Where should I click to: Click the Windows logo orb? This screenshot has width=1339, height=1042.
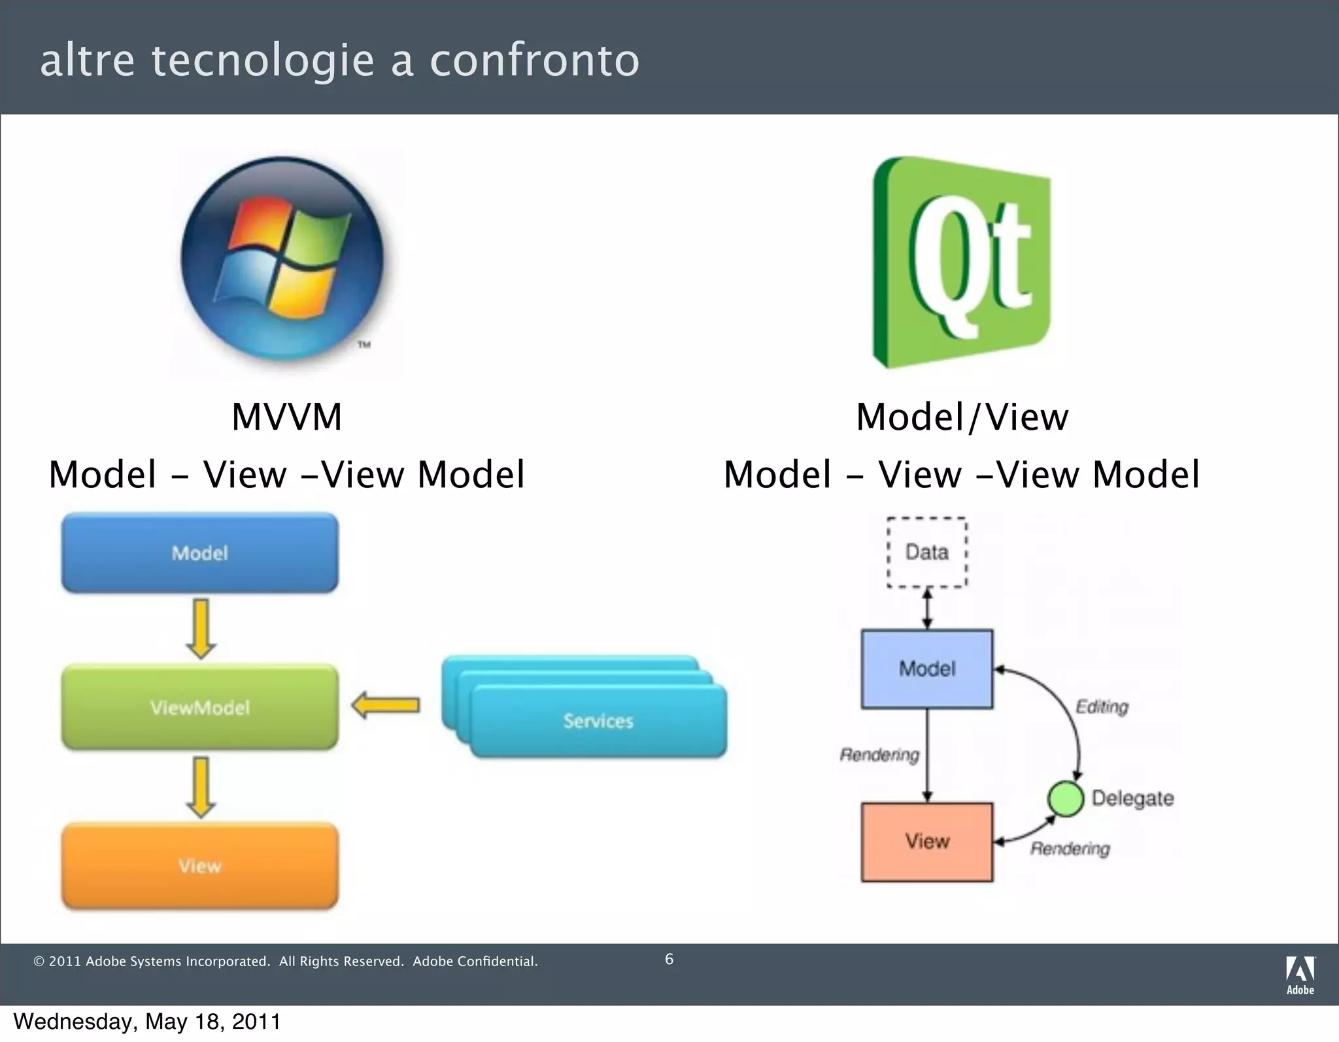[x=282, y=260]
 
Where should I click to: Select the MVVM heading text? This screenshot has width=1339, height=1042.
[x=287, y=417]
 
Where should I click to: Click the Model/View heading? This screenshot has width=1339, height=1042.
[x=962, y=417]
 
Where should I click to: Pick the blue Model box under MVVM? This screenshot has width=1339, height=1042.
[x=200, y=553]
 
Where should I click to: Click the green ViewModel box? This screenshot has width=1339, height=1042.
[x=200, y=707]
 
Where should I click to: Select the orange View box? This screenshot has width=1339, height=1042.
[x=200, y=865]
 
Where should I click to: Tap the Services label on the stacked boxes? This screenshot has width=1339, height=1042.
[x=598, y=721]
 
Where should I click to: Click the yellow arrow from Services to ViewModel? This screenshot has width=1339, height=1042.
[x=386, y=706]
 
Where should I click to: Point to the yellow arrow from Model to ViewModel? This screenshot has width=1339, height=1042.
[x=201, y=629]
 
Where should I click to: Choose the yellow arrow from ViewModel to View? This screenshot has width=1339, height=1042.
[x=201, y=787]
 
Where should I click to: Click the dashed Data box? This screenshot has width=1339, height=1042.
[x=927, y=552]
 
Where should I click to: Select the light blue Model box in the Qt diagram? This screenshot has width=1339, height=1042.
[x=927, y=669]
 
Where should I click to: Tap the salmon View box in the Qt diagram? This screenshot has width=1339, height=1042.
[x=927, y=842]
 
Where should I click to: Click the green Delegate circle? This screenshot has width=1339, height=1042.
[x=1066, y=799]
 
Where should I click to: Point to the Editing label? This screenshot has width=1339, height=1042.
[x=1102, y=706]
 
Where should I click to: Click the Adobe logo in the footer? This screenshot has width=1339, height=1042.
[x=1300, y=975]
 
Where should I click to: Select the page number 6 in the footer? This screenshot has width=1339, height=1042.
[x=669, y=959]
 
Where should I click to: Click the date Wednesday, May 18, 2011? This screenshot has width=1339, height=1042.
[x=147, y=1021]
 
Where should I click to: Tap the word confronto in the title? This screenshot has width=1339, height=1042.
[x=534, y=60]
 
